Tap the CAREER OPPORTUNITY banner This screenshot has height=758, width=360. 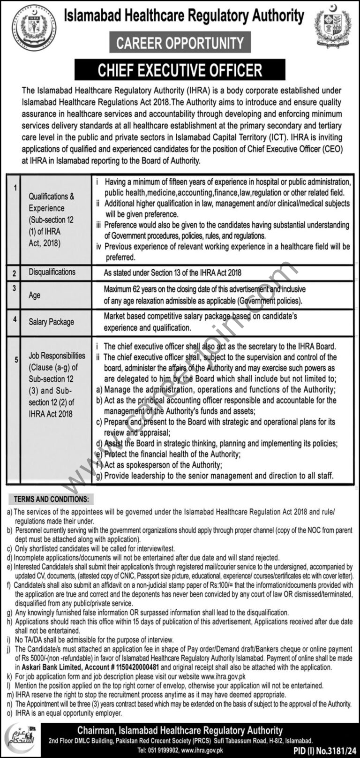(180, 44)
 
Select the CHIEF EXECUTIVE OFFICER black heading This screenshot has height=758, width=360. (180, 70)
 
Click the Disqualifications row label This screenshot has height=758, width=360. (52, 272)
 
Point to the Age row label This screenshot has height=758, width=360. (35, 296)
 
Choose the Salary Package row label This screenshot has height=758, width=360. (51, 322)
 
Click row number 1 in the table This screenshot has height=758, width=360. (15, 188)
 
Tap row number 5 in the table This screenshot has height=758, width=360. (16, 360)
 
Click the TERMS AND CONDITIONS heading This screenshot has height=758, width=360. (51, 499)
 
